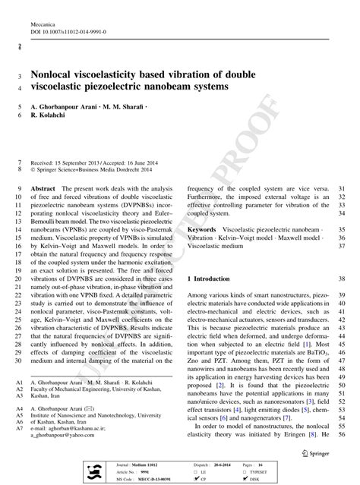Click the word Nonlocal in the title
click(x=55, y=76)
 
